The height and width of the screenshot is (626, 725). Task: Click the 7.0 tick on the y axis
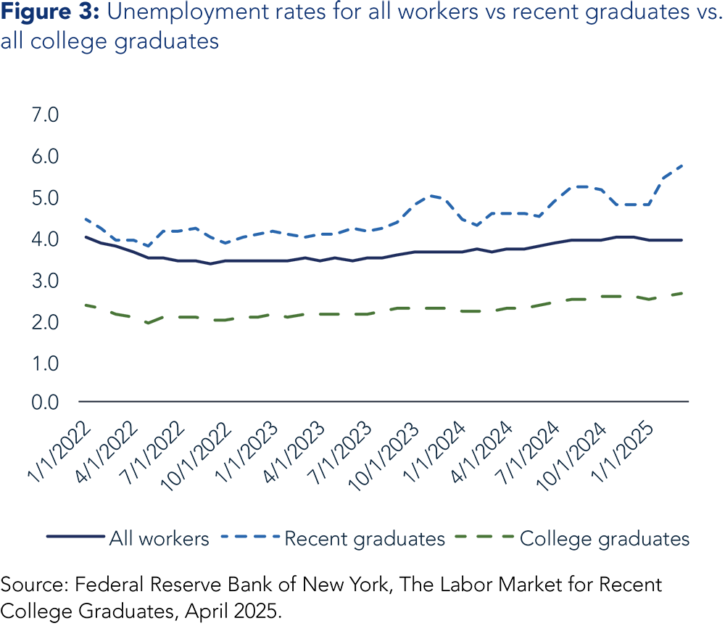tap(46, 116)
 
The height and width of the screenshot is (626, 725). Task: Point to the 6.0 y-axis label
tap(46, 157)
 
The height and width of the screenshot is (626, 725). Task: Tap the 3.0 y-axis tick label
tap(46, 281)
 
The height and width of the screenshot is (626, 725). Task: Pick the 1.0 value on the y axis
tap(46, 363)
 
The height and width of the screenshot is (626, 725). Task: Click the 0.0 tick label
tap(46, 403)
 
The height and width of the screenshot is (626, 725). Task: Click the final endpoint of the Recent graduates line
tap(682, 165)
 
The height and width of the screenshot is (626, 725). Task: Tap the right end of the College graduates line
tap(682, 293)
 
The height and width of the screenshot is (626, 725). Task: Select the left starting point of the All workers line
tap(86, 236)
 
